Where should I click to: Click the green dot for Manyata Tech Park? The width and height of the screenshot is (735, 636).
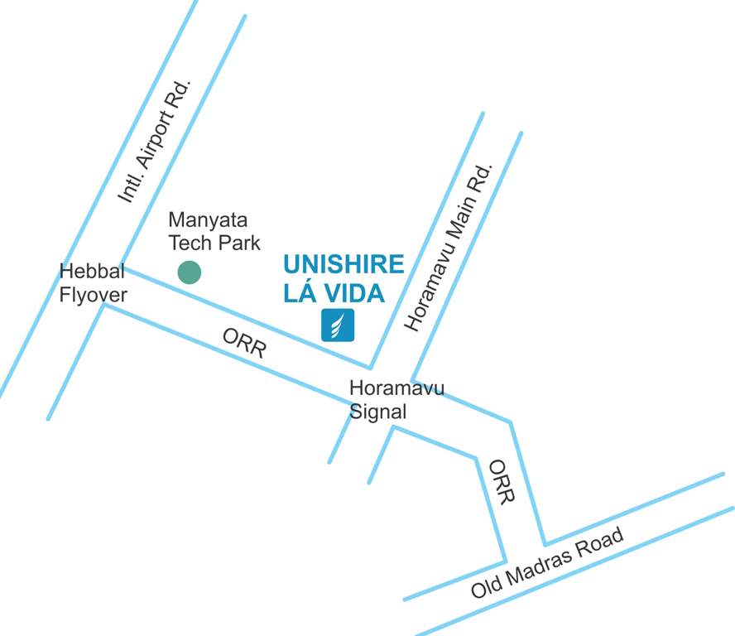coord(190,272)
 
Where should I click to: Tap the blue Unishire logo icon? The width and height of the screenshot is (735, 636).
coord(338,325)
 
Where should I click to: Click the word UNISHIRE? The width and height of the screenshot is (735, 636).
coord(343,264)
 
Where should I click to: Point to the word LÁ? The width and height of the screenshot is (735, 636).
coord(301,292)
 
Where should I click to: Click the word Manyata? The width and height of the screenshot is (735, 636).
coord(208,220)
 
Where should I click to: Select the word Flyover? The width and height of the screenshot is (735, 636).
coord(94,295)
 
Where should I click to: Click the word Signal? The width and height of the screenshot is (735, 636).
coord(378,412)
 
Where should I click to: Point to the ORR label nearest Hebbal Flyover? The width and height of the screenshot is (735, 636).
coord(244,342)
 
